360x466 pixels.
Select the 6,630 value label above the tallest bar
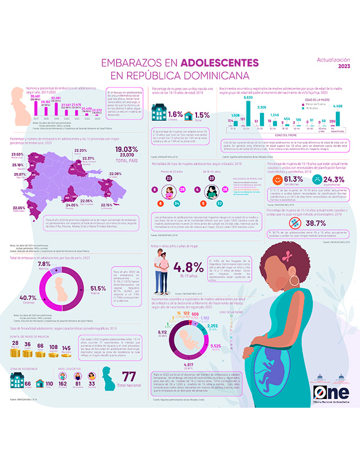(248, 98)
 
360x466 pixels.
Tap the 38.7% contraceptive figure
(315, 224)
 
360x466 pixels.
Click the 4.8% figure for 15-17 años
(189, 268)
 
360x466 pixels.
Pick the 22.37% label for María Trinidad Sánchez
(88, 158)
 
